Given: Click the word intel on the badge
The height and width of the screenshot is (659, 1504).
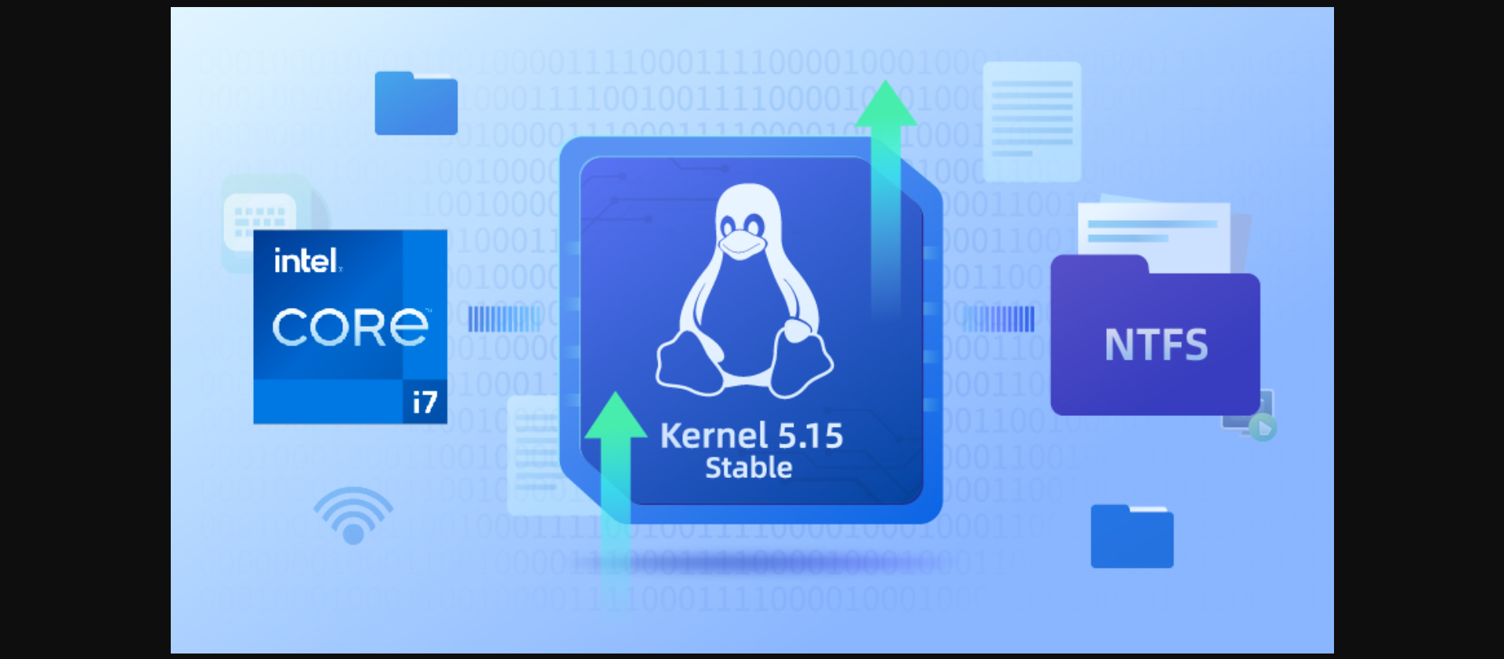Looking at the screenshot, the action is (306, 261).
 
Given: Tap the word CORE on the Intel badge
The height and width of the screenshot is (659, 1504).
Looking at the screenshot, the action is (350, 327).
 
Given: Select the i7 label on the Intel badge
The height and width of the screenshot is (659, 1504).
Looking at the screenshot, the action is (425, 402).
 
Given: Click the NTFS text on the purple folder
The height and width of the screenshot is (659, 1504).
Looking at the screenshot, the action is (1156, 345).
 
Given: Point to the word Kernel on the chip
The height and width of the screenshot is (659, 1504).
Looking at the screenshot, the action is (714, 436).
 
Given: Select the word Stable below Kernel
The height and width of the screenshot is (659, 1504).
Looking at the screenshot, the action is (749, 468).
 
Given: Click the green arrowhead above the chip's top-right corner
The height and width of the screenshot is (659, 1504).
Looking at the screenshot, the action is (886, 103).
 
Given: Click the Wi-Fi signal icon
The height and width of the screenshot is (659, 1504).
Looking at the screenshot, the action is (353, 515).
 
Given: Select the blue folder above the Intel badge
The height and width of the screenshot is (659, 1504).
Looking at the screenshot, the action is (416, 103).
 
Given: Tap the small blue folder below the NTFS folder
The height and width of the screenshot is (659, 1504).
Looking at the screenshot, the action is (1132, 537).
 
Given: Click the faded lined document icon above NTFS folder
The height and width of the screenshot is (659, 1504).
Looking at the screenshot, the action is (1032, 121).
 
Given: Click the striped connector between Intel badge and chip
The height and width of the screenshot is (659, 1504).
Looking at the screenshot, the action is (504, 319).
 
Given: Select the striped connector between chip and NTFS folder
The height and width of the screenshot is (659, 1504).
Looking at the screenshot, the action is (999, 319).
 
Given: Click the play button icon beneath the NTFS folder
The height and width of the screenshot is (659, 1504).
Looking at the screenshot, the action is (1262, 428).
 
